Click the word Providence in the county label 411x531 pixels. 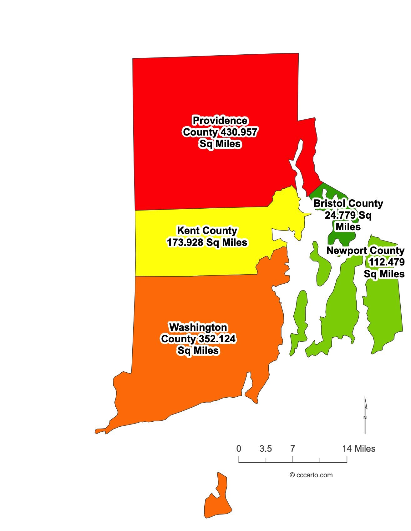click(220, 120)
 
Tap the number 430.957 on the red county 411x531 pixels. click(239, 132)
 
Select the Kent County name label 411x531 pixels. click(207, 231)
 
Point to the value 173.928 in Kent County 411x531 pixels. click(185, 242)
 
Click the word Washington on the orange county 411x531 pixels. click(198, 327)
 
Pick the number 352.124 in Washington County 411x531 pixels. click(216, 339)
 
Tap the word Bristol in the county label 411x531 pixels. click(329, 203)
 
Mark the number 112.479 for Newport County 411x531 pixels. click(387, 262)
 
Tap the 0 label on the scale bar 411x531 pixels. click(239, 449)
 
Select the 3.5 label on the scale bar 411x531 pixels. click(266, 449)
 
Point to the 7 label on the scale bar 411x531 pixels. click(292, 449)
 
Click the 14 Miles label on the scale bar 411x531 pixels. click(359, 449)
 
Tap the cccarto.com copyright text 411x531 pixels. click(311, 475)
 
